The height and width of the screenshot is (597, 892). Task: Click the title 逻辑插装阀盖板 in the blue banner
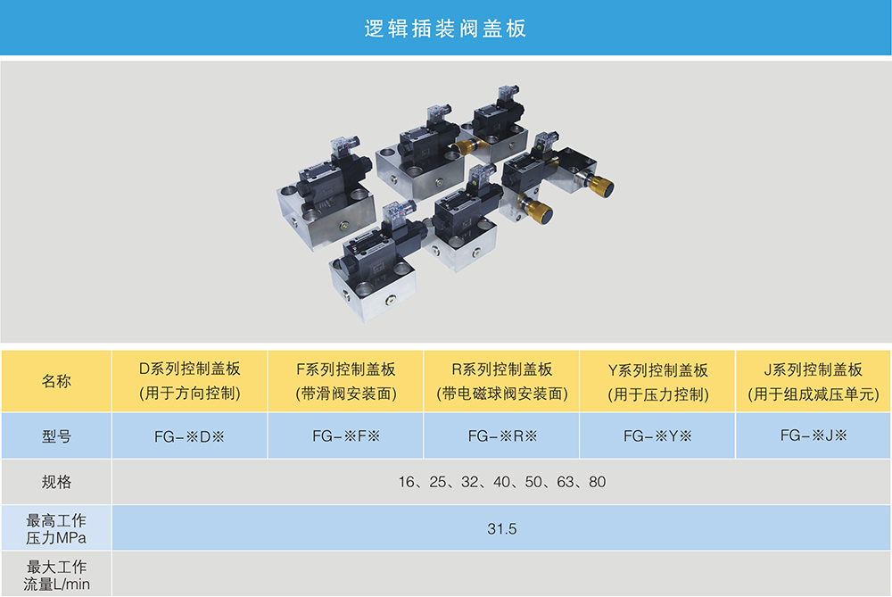click(x=445, y=29)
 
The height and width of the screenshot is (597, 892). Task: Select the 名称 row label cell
click(x=56, y=381)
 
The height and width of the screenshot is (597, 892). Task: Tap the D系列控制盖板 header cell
click(x=189, y=381)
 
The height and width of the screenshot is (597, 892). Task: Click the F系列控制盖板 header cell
click(x=345, y=381)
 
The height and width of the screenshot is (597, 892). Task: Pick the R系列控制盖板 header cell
click(x=501, y=381)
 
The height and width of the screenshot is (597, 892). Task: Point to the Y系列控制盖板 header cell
click(x=657, y=381)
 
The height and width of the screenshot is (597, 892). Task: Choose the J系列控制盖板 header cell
click(x=813, y=381)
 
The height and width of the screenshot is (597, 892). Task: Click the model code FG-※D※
click(x=189, y=436)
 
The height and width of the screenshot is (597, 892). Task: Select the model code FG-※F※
click(x=346, y=436)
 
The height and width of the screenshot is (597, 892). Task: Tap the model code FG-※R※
click(x=502, y=436)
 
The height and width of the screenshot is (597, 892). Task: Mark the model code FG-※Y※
click(x=657, y=436)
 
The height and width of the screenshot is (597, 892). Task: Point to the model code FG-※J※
click(x=814, y=435)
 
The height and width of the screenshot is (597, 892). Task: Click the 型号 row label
click(x=56, y=436)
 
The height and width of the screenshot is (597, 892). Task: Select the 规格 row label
click(x=56, y=482)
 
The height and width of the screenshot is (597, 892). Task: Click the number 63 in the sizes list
click(x=565, y=482)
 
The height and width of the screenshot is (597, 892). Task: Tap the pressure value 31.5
click(x=501, y=528)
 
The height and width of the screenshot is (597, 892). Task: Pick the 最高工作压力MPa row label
click(x=56, y=528)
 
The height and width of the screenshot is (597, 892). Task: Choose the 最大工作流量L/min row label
click(x=56, y=575)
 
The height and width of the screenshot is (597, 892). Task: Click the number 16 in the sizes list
click(x=406, y=482)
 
